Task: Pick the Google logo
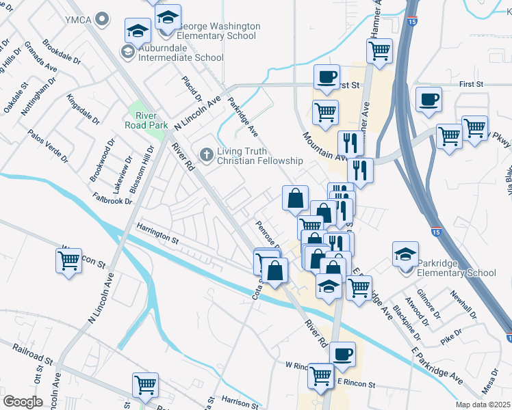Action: coord(23,402)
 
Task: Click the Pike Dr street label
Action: coord(452,336)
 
